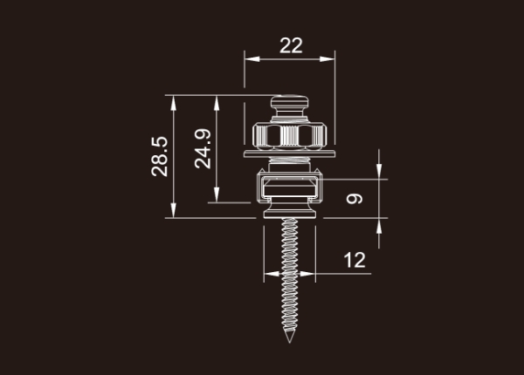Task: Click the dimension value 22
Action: [291, 45]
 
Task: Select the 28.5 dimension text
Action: [160, 156]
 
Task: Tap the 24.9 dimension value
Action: [203, 148]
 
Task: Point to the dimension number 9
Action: [355, 199]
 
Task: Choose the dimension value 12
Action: [355, 260]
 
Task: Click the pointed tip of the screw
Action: [289, 343]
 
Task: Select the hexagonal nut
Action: [289, 136]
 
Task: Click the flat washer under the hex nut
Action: [289, 153]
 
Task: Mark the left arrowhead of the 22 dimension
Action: [252, 59]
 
